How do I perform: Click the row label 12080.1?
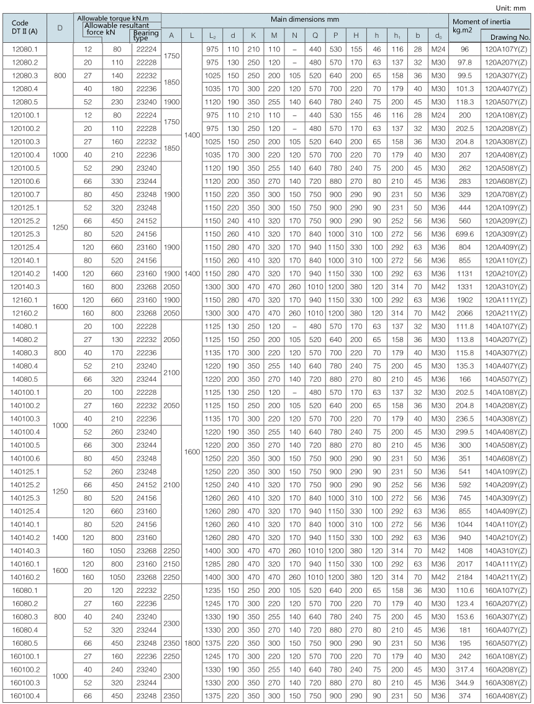(25, 48)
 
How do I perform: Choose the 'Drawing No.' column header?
(505, 37)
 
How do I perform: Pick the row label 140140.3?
(25, 550)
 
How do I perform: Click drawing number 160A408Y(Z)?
(505, 696)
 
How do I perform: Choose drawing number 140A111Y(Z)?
(505, 564)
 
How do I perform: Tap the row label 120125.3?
(25, 233)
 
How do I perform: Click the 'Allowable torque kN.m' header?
(118, 18)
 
